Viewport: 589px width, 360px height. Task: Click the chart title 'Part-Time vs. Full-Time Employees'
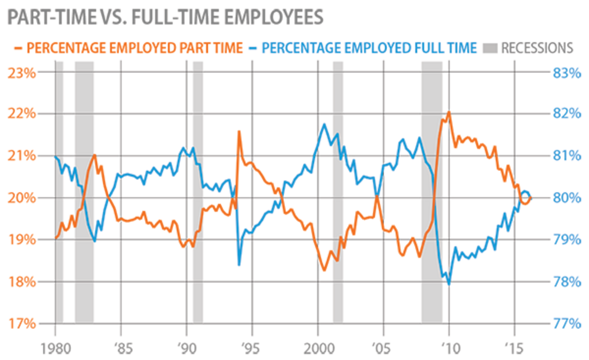click(165, 16)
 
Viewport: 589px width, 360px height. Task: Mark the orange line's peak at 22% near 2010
click(449, 112)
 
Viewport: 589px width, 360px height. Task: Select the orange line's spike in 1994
click(239, 131)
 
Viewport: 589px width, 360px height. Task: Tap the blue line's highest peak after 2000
click(324, 124)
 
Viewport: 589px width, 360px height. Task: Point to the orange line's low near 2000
click(324, 270)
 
